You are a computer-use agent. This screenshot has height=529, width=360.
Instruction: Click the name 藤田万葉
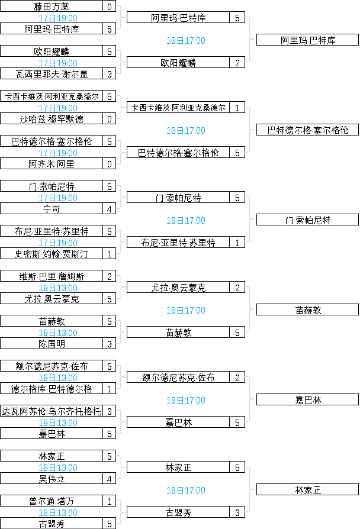point(52,7)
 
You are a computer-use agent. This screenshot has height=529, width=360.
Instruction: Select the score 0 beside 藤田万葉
point(110,7)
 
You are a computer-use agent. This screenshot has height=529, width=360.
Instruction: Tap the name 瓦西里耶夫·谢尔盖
point(52,74)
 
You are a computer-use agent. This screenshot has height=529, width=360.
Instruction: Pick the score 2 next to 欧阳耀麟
point(237,62)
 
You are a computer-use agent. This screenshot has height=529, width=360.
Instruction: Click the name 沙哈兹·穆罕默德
point(52,119)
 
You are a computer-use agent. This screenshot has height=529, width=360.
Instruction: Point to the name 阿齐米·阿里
point(52,164)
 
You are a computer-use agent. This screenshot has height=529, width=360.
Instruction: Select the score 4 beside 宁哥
point(110,209)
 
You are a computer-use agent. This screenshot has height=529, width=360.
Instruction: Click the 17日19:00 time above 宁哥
point(58,198)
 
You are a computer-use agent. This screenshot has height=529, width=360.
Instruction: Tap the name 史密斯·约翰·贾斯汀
point(52,254)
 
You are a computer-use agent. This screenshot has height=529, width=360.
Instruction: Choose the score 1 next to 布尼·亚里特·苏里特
point(237,242)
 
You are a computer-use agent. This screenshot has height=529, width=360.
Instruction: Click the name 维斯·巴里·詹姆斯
point(52,276)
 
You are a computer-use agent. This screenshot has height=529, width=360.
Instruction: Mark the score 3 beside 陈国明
point(110,344)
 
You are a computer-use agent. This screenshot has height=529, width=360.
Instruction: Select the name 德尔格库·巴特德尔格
point(52,389)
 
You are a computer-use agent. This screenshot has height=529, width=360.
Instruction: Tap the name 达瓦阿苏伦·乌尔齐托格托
point(52,411)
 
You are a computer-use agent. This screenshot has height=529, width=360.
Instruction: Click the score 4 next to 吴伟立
point(110,479)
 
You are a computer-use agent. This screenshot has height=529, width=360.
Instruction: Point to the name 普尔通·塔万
point(52,501)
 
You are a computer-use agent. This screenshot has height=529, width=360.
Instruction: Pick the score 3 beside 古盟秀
point(237,512)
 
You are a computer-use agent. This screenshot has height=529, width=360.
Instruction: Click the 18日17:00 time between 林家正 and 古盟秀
point(186,490)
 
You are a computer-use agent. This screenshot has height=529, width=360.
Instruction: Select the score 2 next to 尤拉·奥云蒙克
point(237,287)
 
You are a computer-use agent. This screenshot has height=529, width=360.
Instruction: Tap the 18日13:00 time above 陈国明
point(58,333)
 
